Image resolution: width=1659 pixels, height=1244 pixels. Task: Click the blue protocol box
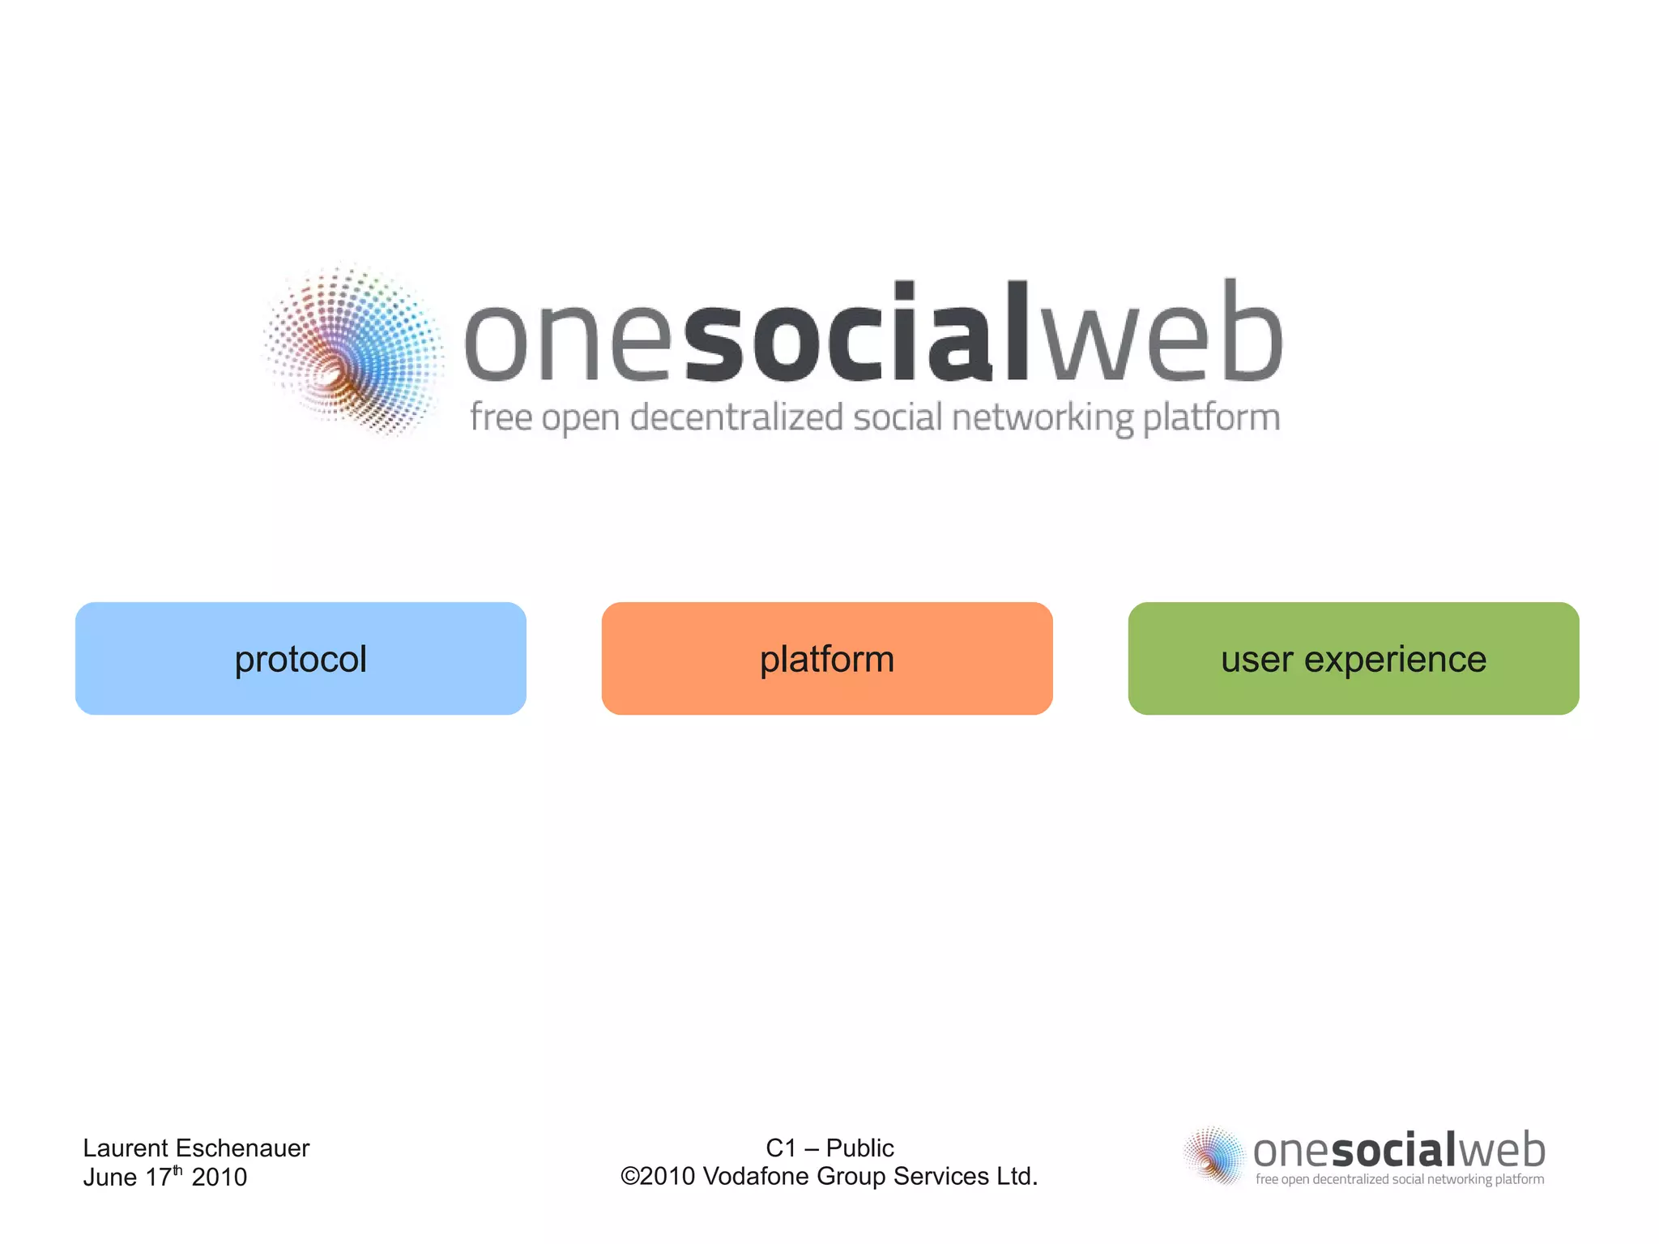(x=301, y=658)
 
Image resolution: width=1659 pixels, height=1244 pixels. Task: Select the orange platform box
(x=827, y=658)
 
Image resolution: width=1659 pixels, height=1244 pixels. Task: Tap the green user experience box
(x=1354, y=658)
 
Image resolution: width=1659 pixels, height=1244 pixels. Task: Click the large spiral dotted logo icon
(x=354, y=350)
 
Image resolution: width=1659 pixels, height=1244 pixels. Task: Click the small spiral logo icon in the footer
(x=1213, y=1156)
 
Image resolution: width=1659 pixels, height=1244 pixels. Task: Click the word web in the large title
(x=1160, y=334)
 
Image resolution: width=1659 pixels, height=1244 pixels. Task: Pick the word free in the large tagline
(x=501, y=417)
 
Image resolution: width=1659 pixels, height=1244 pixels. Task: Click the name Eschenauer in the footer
(x=242, y=1148)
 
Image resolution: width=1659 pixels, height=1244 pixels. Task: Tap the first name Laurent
(x=126, y=1148)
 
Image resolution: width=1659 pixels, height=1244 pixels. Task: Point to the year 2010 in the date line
(x=219, y=1177)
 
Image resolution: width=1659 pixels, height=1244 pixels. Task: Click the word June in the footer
(x=110, y=1177)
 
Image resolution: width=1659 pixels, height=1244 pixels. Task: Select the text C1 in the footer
(x=781, y=1148)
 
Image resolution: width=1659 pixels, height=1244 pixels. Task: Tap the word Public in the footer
(x=859, y=1148)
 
